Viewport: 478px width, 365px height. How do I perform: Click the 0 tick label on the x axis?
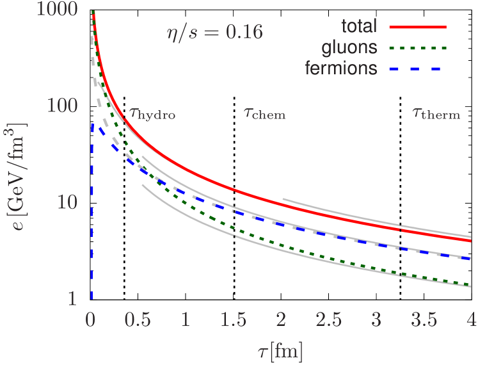tap(91, 320)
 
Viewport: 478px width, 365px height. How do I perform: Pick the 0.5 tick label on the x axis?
tap(138, 320)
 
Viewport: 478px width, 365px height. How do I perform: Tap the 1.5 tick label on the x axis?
tap(234, 320)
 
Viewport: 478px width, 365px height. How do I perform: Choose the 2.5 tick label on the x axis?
tap(329, 320)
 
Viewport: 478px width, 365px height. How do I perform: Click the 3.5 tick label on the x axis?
tap(424, 320)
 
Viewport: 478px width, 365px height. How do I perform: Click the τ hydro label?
tap(152, 113)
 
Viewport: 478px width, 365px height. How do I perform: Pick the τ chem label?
tap(264, 113)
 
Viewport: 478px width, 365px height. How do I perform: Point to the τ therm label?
tap(436, 113)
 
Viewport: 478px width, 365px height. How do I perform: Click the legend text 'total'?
tap(358, 27)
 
